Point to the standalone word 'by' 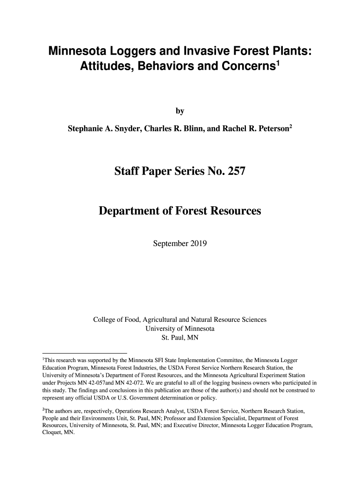180,111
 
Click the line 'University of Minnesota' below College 180,328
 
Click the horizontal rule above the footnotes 84,352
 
